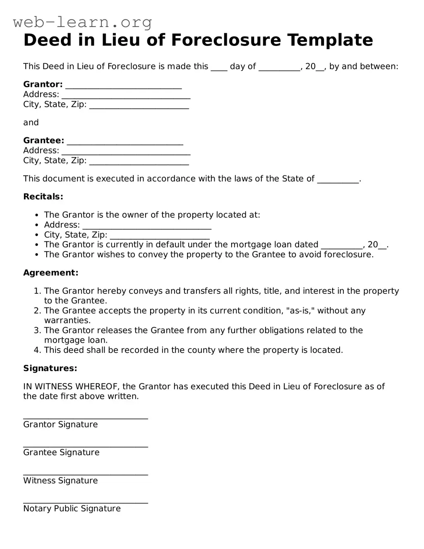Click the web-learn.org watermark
[83, 22]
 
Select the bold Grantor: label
[43, 84]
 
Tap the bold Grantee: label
[43, 141]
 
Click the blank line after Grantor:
[124, 86]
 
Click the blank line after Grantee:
[125, 142]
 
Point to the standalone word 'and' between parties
[31, 122]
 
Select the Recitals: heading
[43, 197]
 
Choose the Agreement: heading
[50, 273]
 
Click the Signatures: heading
[50, 368]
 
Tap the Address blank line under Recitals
[147, 227]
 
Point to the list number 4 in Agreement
[37, 350]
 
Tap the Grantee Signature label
[61, 453]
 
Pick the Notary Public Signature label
[72, 509]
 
